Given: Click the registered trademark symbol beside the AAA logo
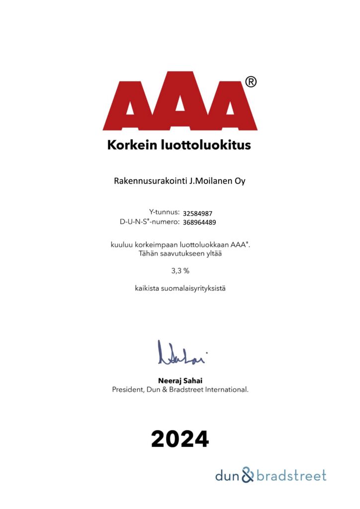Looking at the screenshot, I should click(x=251, y=82).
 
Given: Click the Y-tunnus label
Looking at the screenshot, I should click(x=164, y=212).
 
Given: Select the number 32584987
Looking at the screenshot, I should click(x=198, y=213).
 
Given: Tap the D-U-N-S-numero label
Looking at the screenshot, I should click(x=149, y=222).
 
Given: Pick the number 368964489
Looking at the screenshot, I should click(x=200, y=222).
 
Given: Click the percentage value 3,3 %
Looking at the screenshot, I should click(x=180, y=271).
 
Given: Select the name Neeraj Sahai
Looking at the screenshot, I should click(x=180, y=381).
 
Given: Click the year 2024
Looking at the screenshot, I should click(x=180, y=439).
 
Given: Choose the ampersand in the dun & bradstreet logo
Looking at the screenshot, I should click(x=247, y=475).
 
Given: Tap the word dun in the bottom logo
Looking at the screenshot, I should click(x=227, y=476).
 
